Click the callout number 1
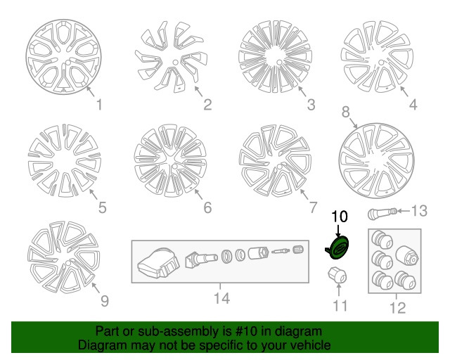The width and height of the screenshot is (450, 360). click(x=98, y=106)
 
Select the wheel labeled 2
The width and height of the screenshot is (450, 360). click(x=172, y=59)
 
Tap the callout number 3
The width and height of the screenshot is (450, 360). click(x=310, y=106)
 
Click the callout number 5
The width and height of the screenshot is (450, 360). click(x=102, y=207)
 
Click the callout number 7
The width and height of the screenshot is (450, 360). click(x=313, y=207)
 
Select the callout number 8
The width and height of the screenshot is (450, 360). click(x=345, y=112)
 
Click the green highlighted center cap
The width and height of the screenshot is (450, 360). click(x=338, y=248)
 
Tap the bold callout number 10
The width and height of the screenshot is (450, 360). click(x=339, y=217)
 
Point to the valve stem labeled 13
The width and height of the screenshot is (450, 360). click(x=382, y=212)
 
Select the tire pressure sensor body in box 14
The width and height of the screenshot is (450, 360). click(x=155, y=265)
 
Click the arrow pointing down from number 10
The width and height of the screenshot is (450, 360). click(x=339, y=230)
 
